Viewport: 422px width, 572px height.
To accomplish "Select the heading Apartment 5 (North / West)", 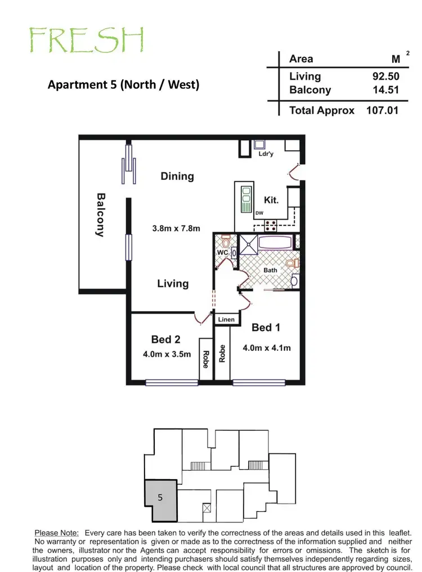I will coord(123,85).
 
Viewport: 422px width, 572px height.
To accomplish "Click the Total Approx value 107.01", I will coord(382,110).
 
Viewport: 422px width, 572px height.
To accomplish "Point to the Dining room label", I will coord(177,176).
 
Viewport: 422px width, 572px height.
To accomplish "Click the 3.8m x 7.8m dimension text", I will coord(176,228).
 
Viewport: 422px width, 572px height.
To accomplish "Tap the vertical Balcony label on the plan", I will coord(101,215).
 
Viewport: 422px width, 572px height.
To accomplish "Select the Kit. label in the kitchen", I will coord(271,200).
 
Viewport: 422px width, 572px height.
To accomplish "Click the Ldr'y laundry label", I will coord(266,154).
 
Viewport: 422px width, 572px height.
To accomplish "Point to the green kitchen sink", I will coord(246,199).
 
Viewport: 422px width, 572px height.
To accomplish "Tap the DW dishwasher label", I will coord(259,213).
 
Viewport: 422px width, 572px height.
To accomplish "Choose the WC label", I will coord(222,253).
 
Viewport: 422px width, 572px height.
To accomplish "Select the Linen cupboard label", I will coord(226,319).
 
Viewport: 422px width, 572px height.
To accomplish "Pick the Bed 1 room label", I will coord(266,327).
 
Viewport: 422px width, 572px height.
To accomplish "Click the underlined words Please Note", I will coord(57,533).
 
